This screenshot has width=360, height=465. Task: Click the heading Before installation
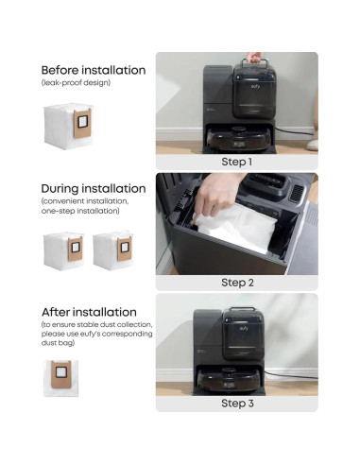[94, 70]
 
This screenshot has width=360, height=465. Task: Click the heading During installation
[94, 189]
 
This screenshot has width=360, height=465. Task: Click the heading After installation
[89, 312]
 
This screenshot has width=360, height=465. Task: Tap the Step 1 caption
[237, 162]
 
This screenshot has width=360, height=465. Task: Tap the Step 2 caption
[237, 283]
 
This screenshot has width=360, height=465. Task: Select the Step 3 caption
[237, 404]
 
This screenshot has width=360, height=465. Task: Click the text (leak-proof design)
[76, 83]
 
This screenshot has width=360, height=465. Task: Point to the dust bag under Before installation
[68, 125]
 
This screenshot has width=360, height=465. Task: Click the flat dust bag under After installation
[61, 378]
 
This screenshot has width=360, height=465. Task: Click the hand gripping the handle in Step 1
[254, 58]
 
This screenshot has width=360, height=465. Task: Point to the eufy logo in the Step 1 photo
[255, 86]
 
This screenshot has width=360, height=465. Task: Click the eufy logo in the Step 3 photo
[244, 328]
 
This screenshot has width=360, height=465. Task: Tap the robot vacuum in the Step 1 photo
[238, 139]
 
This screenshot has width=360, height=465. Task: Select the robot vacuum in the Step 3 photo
[229, 379]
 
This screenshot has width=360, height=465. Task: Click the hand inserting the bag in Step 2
[217, 195]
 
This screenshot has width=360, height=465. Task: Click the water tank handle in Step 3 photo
[242, 310]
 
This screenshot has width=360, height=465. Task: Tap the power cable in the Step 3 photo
[290, 374]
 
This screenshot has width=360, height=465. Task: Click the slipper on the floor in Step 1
[312, 145]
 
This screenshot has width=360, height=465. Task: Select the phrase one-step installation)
[80, 211]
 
